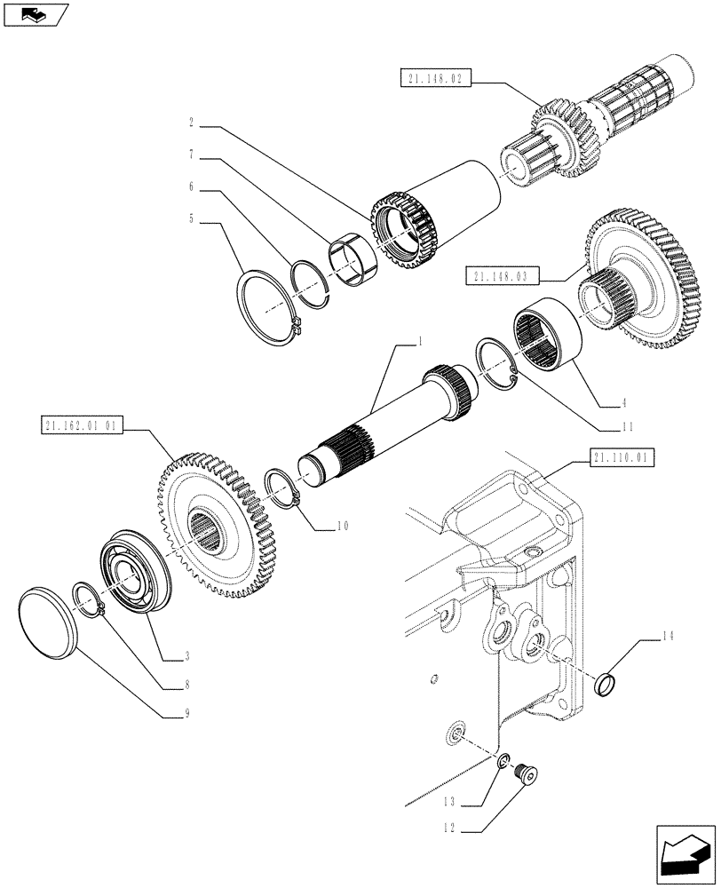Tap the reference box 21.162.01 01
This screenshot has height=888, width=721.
click(x=81, y=426)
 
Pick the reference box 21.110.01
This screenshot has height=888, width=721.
click(x=621, y=459)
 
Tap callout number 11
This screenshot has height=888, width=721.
click(x=627, y=426)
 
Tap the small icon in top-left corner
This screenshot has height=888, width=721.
click(x=36, y=15)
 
